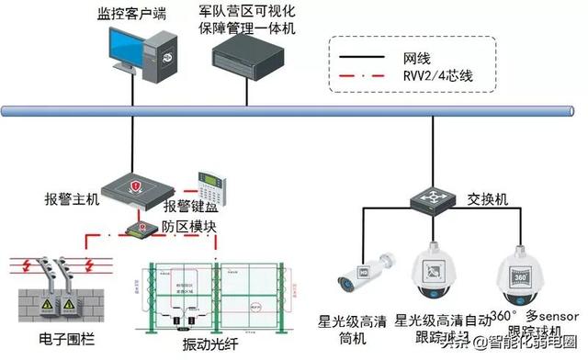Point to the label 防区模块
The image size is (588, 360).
(x=189, y=226)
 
